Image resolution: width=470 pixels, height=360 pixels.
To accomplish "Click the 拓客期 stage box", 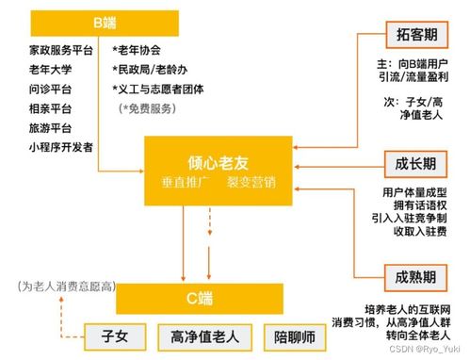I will [x=414, y=34].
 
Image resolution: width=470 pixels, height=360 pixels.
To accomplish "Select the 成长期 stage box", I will [x=414, y=163].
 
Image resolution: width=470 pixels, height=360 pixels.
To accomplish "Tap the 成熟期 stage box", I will [x=414, y=277].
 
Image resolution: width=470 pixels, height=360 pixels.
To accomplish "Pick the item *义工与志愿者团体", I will [x=170, y=89].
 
